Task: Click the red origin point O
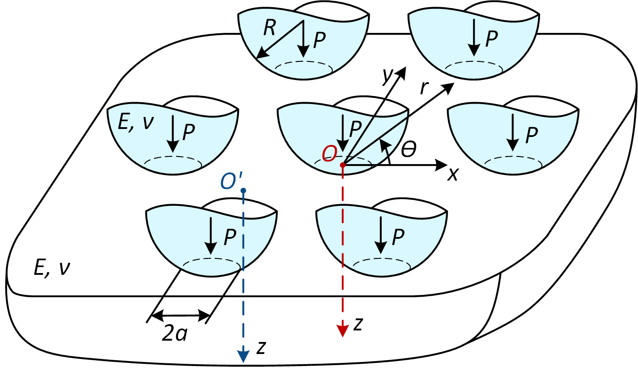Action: point(343,165)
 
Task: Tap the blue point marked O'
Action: point(243,190)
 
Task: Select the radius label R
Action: point(269,28)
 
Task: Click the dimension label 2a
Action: point(174,333)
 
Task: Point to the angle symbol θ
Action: point(408,149)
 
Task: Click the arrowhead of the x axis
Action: point(442,165)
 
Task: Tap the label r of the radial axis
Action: point(424,88)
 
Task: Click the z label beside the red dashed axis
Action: point(358,325)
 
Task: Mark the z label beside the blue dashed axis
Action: point(261,348)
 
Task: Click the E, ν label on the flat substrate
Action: point(52,268)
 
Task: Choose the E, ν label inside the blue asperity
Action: point(136,123)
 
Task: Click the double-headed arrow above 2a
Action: point(181,315)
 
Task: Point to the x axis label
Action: point(452,174)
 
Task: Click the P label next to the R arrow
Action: point(319,40)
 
